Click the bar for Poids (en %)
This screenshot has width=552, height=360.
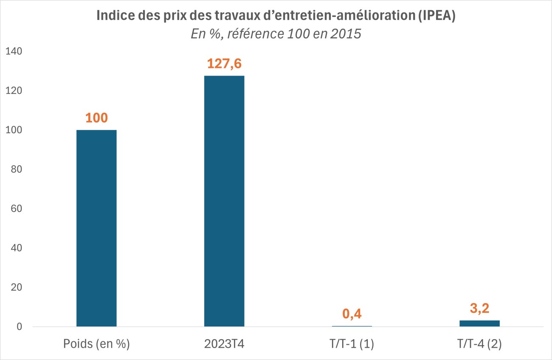click(x=96, y=228)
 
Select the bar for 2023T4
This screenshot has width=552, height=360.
click(x=224, y=201)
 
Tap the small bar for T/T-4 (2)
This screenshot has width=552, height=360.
click(x=479, y=323)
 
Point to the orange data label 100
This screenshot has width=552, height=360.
click(x=96, y=118)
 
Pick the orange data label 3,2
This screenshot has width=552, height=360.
click(x=479, y=309)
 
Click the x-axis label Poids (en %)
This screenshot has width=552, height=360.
click(x=96, y=344)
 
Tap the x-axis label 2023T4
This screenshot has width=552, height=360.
click(x=224, y=344)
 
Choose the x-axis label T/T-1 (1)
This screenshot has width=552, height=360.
click(x=352, y=344)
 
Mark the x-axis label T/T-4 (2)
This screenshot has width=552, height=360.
click(x=479, y=344)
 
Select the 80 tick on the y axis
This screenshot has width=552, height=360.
click(x=17, y=169)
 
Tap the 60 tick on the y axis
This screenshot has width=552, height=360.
click(x=17, y=209)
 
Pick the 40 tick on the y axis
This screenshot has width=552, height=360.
click(x=17, y=248)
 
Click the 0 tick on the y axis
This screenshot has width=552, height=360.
click(x=20, y=327)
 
